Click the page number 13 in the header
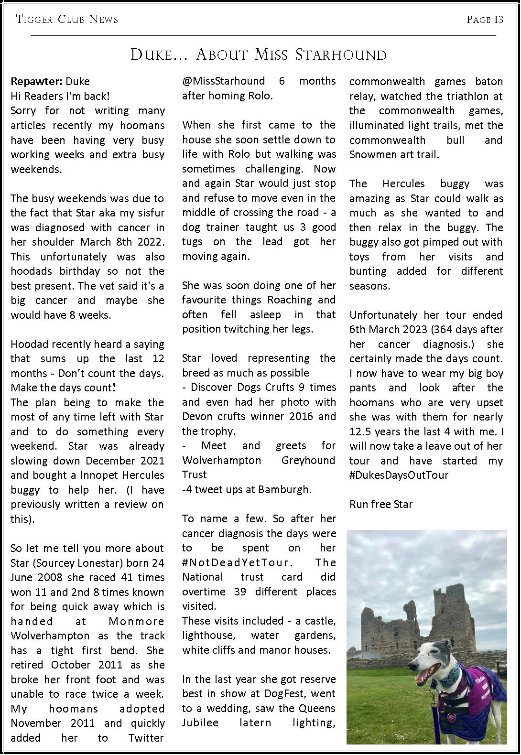(x=499, y=20)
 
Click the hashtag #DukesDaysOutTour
(x=399, y=475)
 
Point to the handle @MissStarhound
(x=223, y=81)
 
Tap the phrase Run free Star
(x=381, y=505)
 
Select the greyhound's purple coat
(x=471, y=688)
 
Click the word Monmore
(x=137, y=621)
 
